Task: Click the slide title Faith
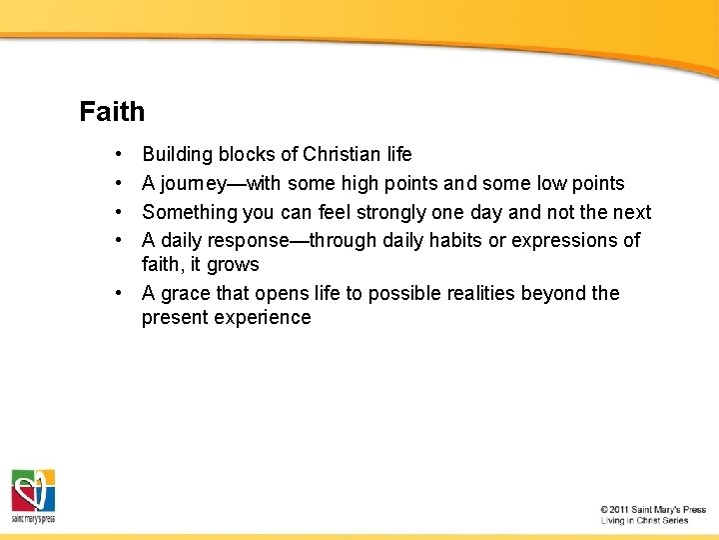tap(112, 111)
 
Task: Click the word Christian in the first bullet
tap(343, 155)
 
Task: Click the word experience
tap(262, 318)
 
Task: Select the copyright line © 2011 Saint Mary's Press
tap(653, 509)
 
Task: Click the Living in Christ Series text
tap(644, 520)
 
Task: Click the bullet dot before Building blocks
tap(118, 155)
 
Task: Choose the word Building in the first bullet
tap(178, 155)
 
